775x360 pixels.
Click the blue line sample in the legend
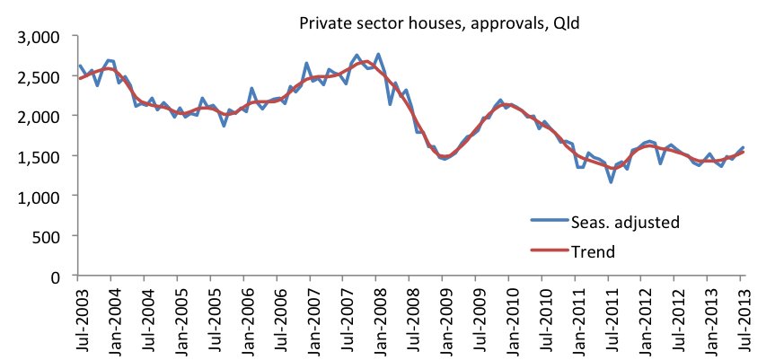[548, 221]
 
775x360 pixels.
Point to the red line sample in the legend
[548, 252]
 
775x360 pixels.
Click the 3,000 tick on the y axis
[40, 37]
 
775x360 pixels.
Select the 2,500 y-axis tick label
[40, 76]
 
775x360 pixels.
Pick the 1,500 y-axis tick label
[40, 156]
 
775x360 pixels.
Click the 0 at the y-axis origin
[63, 276]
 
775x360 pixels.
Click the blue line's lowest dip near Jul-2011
[611, 182]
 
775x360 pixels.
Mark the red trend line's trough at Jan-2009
[444, 157]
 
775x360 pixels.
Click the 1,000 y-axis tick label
[40, 196]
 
